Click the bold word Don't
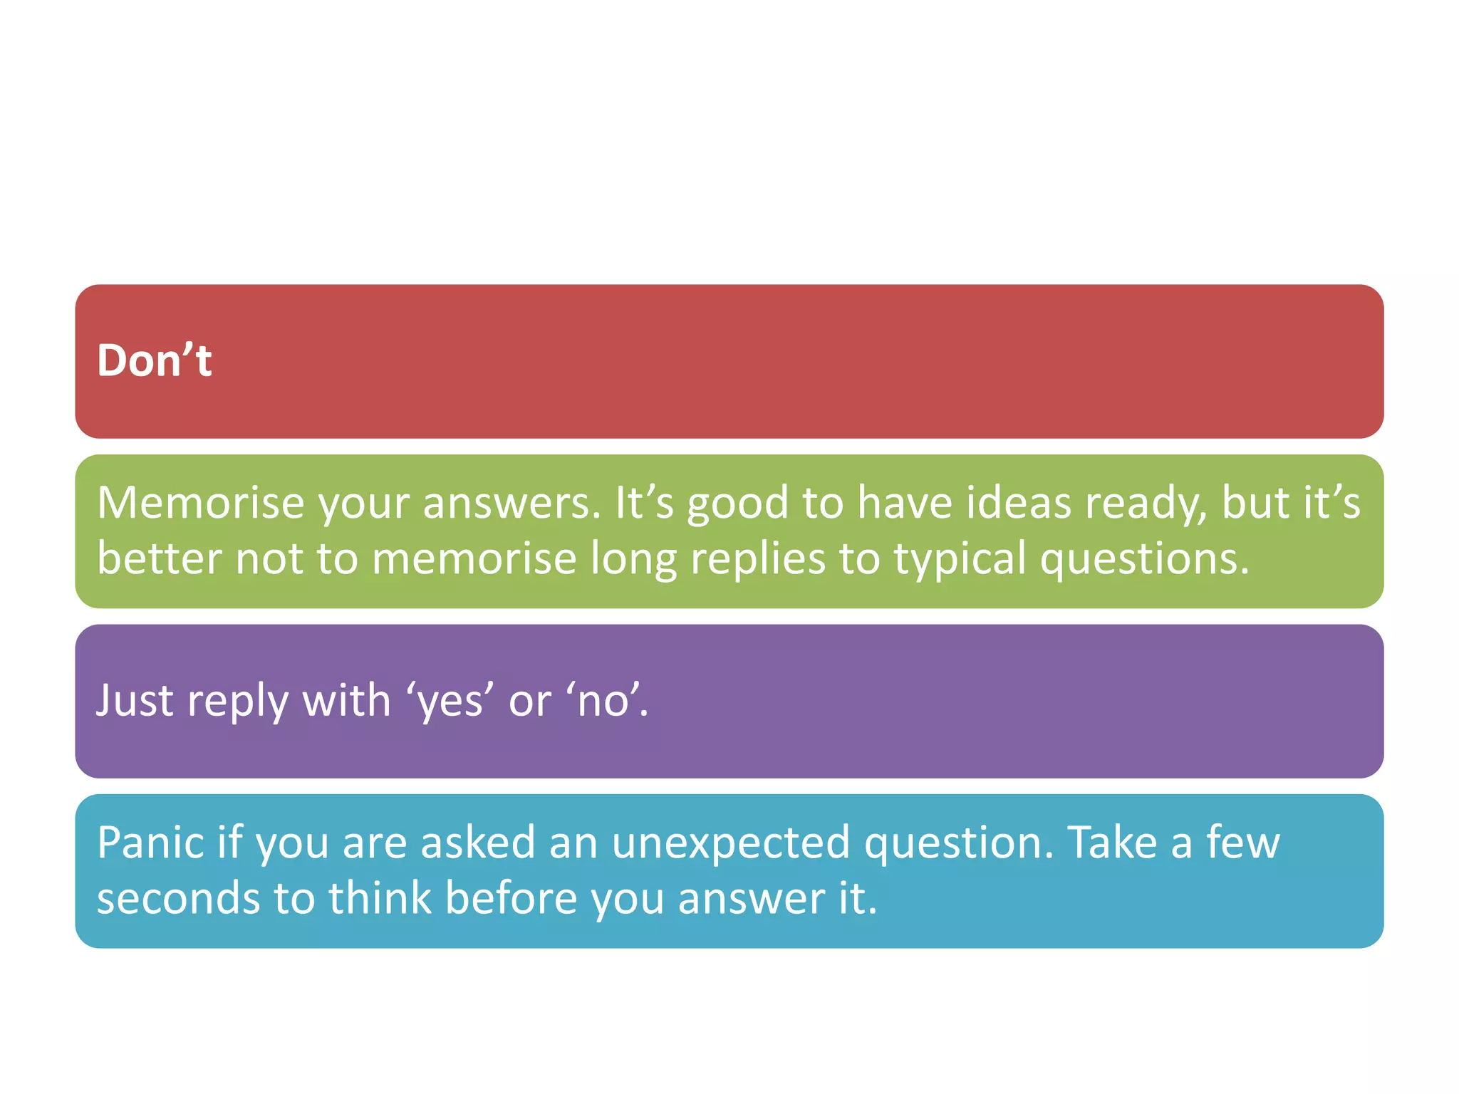point(154,360)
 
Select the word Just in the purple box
point(135,700)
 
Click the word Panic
point(151,843)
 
